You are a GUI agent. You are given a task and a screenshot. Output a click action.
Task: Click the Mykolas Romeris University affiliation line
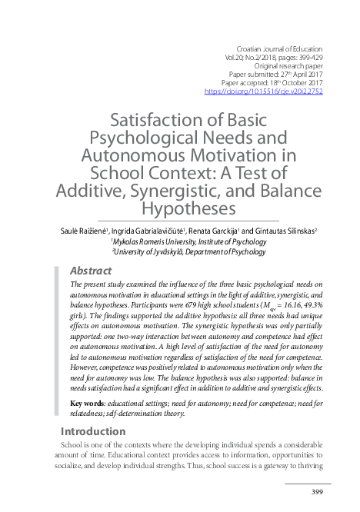click(188, 241)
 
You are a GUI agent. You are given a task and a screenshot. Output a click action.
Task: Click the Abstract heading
click(91, 271)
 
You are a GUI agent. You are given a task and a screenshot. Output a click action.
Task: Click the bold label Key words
click(88, 404)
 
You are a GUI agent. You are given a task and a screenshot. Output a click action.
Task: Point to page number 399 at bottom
click(315, 493)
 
